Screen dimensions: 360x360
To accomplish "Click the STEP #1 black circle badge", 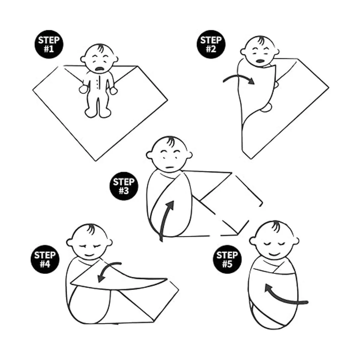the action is pos(49,44).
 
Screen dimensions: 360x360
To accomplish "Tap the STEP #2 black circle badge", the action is pos(211,44).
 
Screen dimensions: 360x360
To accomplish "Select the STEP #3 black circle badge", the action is pos(124,186).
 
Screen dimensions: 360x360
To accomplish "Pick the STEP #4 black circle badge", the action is pos(45,259).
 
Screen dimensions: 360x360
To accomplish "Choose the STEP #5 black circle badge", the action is pos(227,259).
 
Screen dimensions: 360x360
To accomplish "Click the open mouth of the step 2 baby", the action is pos(260,61).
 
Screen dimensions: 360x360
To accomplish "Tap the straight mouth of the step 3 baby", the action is pos(169,167).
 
